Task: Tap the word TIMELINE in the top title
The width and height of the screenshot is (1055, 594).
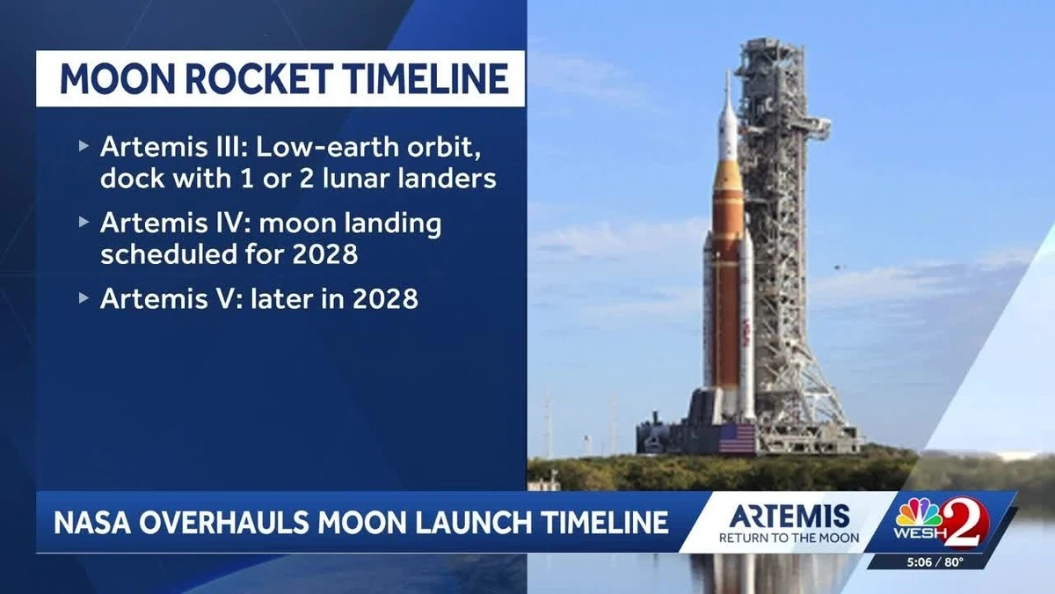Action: [426, 78]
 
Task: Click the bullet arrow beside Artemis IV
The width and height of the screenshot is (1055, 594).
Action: [84, 223]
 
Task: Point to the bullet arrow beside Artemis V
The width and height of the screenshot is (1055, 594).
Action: [84, 298]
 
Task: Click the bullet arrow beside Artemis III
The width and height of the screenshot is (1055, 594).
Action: [84, 145]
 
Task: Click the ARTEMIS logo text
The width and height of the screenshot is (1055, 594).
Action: [789, 516]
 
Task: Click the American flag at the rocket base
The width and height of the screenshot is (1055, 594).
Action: [737, 437]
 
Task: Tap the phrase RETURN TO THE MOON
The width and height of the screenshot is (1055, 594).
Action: [789, 538]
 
